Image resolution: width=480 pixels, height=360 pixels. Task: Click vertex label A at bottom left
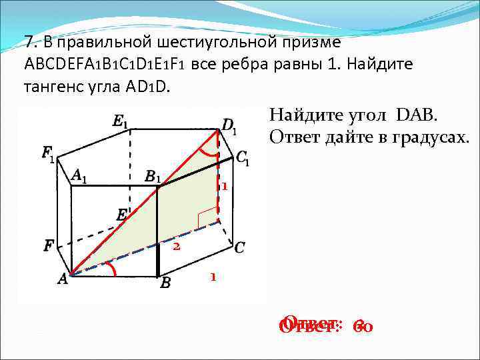point(63,280)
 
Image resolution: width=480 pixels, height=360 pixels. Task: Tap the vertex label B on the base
point(165,283)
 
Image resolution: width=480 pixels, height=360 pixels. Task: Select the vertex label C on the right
point(239,248)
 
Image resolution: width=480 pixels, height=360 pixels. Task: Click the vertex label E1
point(121,121)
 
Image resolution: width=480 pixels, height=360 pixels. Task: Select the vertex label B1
point(153,177)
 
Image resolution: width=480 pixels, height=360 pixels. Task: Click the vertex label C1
point(243,158)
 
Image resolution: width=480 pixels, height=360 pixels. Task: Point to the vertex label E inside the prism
point(122,215)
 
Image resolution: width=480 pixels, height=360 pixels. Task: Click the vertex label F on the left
point(49,246)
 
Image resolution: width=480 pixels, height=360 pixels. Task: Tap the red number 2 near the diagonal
point(177,247)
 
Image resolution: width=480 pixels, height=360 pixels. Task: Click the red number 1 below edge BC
point(213,276)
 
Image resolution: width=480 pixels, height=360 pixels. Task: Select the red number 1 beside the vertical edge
point(225,187)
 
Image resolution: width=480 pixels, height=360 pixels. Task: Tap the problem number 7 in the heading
point(29,43)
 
